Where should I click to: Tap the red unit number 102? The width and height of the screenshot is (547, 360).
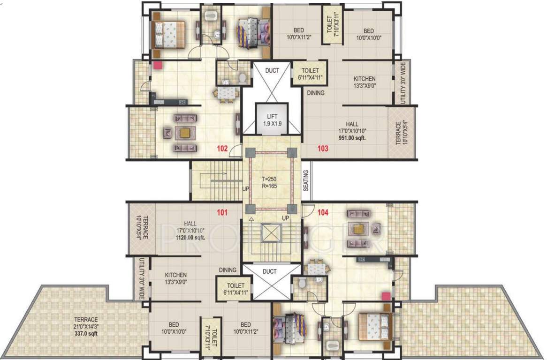click(222, 149)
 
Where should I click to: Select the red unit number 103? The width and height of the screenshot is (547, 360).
click(322, 149)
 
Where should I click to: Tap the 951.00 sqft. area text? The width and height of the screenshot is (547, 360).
click(352, 138)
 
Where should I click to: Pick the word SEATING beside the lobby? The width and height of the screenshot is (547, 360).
click(306, 180)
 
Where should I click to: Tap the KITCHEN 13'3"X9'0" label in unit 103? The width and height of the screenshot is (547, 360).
click(365, 82)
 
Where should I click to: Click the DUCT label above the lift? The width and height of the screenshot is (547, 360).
click(272, 71)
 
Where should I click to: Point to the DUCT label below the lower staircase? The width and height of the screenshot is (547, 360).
click(270, 271)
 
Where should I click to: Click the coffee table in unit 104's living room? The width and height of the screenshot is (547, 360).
click(358, 229)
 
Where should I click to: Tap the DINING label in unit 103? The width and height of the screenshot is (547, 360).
click(316, 93)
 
